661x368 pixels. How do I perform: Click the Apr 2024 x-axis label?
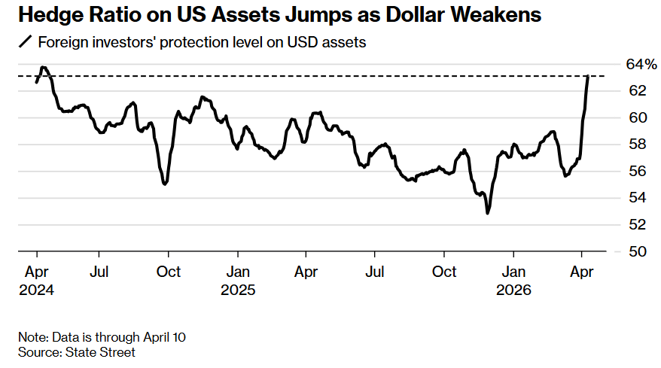pos(37,279)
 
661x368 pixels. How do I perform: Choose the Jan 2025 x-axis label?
pos(239,279)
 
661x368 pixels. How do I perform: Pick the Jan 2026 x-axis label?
pos(514,279)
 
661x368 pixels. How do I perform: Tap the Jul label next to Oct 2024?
pos(100,271)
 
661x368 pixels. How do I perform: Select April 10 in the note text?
pos(163,336)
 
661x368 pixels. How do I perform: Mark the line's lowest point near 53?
pos(488,213)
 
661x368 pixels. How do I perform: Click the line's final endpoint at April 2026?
pos(588,76)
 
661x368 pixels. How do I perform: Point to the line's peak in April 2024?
pos(44,68)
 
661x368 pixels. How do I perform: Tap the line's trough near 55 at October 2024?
pos(165,184)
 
